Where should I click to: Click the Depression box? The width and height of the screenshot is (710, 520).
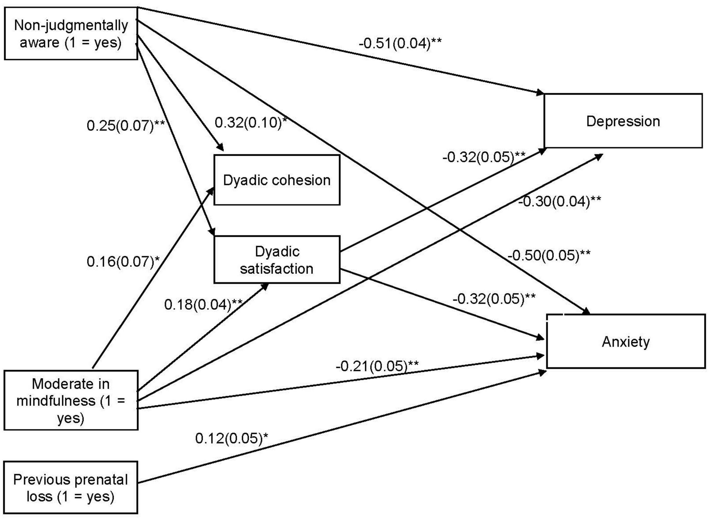623,121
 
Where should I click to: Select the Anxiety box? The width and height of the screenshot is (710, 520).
626,341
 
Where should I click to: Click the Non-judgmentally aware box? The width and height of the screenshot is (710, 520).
71,34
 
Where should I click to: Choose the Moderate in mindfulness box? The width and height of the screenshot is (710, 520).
71,400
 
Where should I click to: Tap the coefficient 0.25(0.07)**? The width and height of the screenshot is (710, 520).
125,126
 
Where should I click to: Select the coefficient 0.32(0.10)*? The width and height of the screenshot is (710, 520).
251,122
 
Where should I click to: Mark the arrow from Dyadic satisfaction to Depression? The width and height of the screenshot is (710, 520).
441,201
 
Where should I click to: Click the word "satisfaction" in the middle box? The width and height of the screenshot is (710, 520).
277,269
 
